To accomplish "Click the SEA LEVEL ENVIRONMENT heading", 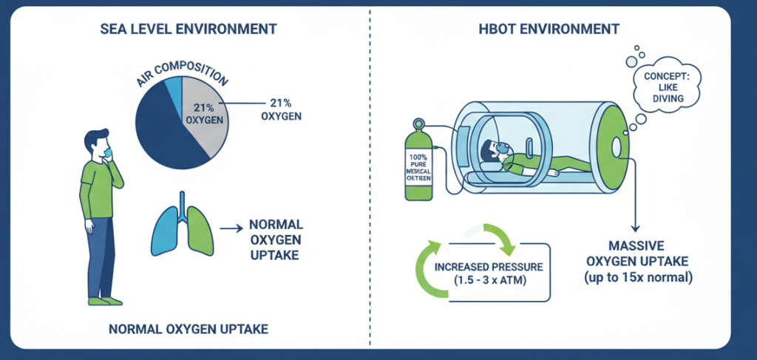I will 188,30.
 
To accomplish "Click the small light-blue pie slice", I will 173,89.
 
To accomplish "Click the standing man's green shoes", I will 104,301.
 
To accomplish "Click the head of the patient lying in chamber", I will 489,152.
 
